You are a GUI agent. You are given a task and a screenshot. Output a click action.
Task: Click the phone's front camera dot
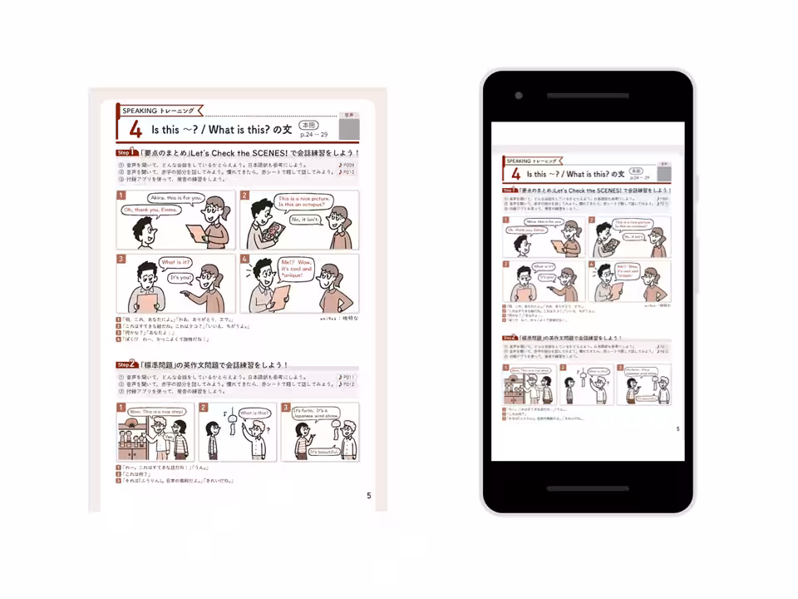519,96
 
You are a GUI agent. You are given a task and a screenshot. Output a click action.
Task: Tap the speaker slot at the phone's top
587,96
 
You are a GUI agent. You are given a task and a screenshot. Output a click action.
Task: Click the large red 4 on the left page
135,130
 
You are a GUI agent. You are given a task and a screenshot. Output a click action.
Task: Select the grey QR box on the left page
349,129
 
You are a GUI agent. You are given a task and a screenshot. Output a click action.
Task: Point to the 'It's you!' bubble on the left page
180,277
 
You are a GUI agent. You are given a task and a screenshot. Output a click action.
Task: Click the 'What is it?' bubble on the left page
175,262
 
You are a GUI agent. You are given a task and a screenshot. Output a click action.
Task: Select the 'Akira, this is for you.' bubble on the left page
177,198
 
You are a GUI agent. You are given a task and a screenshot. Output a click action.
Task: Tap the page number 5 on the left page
369,496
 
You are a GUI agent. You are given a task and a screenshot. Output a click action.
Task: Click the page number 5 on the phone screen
677,429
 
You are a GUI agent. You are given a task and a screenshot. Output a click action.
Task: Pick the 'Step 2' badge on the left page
127,364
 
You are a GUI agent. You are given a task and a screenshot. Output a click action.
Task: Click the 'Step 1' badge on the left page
127,153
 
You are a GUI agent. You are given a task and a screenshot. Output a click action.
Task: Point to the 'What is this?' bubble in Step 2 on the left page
254,413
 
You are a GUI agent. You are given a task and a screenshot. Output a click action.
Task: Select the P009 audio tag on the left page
347,165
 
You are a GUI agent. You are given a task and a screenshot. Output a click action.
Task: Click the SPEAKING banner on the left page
158,111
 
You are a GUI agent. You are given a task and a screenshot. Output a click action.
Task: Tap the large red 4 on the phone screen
516,174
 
